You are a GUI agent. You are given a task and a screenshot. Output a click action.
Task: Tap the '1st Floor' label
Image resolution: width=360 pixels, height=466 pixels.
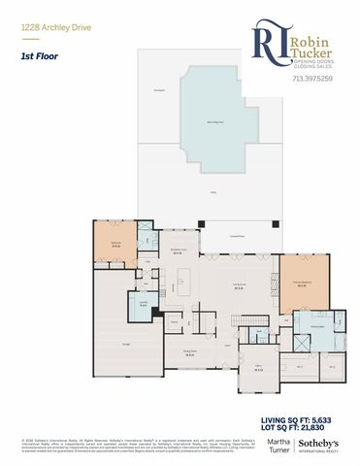pyautogui.click(x=37, y=57)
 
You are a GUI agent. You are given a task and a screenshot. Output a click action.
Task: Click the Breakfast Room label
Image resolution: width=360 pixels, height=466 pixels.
pyautogui.click(x=179, y=250)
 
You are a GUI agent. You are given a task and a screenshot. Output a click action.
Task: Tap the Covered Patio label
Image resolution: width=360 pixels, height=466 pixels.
pyautogui.click(x=237, y=236)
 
